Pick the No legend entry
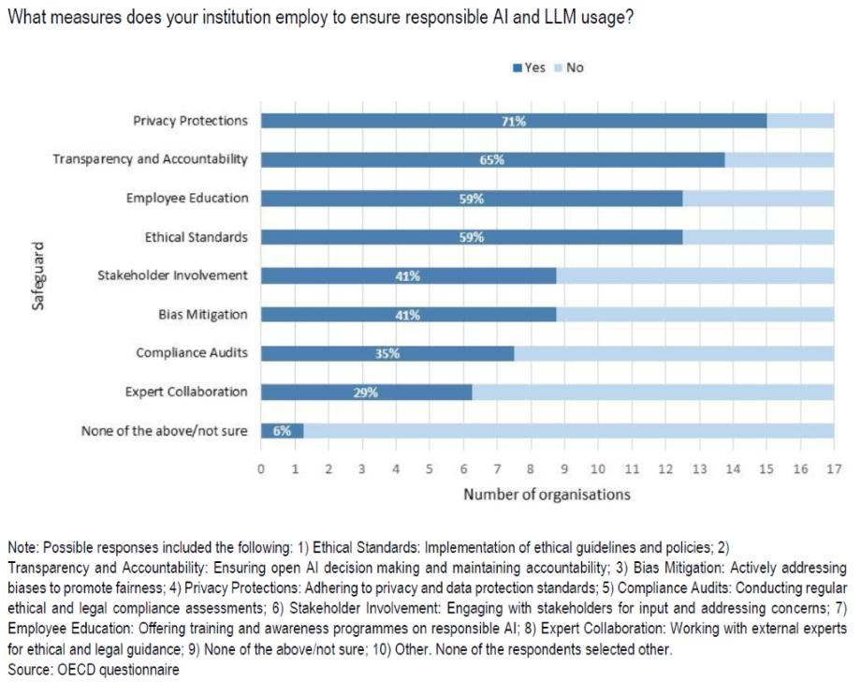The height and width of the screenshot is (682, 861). [x=575, y=67]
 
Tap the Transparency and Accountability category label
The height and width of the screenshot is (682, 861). [x=150, y=159]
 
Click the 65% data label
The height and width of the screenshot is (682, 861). [x=491, y=160]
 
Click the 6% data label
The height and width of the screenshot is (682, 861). [x=282, y=432]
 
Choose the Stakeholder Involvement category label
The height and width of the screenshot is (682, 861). [x=172, y=275]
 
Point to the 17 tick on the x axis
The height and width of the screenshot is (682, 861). [x=833, y=468]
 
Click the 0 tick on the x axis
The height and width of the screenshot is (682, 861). [x=261, y=468]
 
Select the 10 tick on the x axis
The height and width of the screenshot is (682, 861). [x=597, y=468]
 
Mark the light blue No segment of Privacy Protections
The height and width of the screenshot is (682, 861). [x=800, y=121]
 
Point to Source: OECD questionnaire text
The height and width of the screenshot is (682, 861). [x=93, y=670]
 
